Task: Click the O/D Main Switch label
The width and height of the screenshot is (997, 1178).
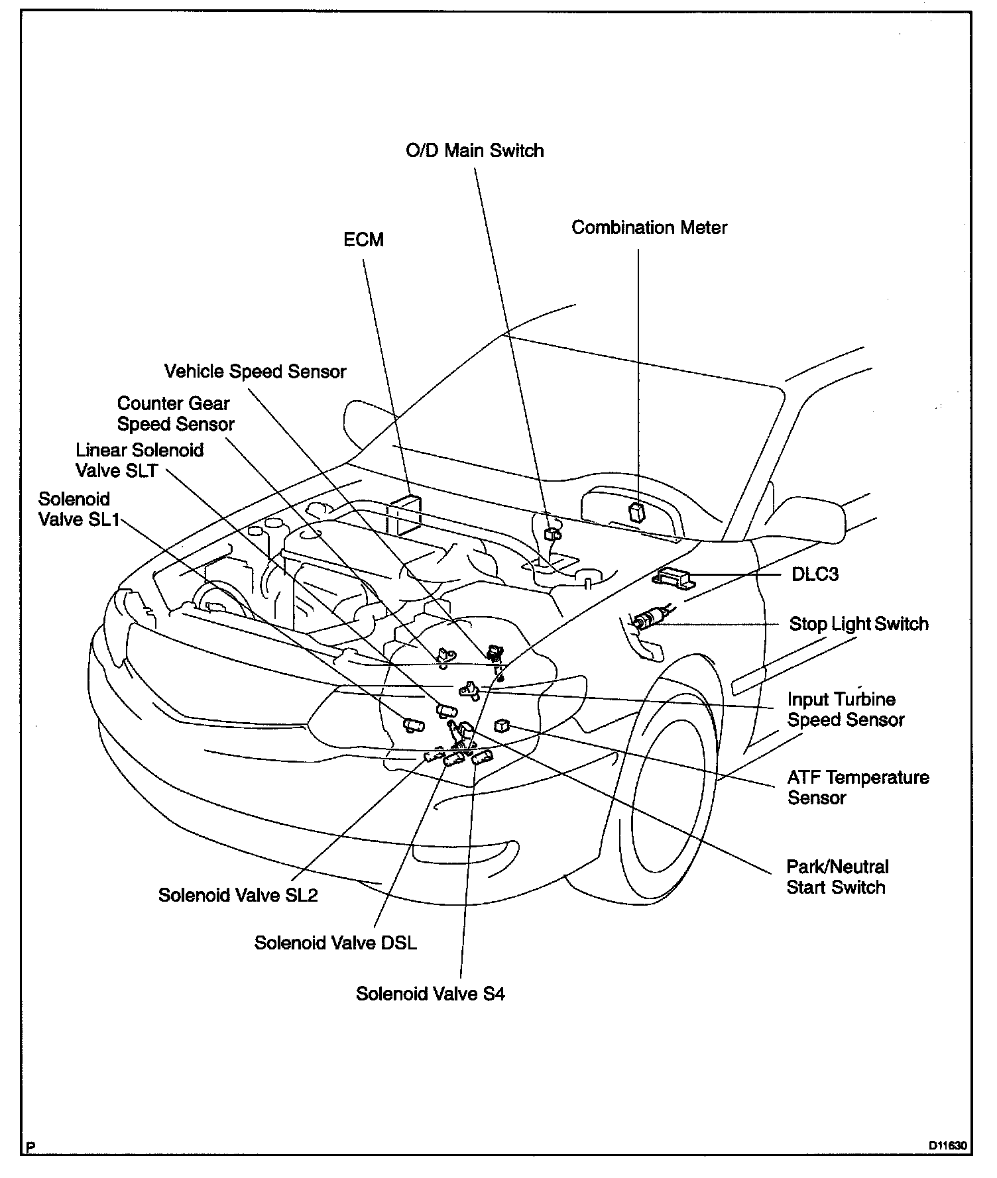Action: pyautogui.click(x=475, y=151)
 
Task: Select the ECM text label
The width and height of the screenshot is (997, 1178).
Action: pyautogui.click(x=363, y=239)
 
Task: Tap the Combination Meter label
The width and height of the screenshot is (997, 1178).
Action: pyautogui.click(x=649, y=228)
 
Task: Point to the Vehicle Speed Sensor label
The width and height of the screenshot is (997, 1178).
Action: pyautogui.click(x=255, y=371)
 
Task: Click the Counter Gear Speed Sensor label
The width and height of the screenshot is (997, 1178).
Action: pyautogui.click(x=175, y=413)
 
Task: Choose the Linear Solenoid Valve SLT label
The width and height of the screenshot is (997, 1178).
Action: pyautogui.click(x=139, y=460)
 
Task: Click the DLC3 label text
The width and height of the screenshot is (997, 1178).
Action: pyautogui.click(x=815, y=574)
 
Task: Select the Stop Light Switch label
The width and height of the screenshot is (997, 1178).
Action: pyautogui.click(x=858, y=624)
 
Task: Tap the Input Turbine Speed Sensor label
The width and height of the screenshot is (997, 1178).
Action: pyautogui.click(x=845, y=710)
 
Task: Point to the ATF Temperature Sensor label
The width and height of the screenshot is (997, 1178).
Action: pyautogui.click(x=858, y=787)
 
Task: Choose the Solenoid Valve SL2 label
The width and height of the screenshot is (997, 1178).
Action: pyautogui.click(x=238, y=895)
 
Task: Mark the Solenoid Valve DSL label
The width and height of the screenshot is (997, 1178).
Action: pyautogui.click(x=335, y=943)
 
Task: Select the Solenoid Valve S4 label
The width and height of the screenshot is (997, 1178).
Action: pyautogui.click(x=430, y=994)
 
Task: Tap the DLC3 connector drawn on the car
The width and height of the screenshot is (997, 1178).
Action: pyautogui.click(x=672, y=576)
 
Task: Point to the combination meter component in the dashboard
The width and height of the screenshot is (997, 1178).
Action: pyautogui.click(x=636, y=511)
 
